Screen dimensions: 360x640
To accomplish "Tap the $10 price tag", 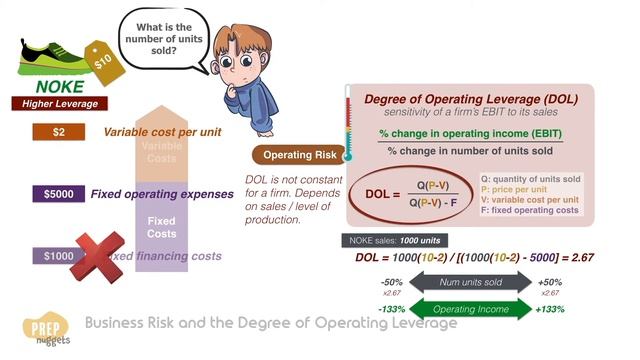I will [102, 60].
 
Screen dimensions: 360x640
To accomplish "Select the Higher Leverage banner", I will [56, 103].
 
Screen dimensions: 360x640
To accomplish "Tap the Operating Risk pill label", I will [297, 155].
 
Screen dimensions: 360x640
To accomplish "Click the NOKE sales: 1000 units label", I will [397, 241].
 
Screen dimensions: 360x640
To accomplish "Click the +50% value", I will [549, 282].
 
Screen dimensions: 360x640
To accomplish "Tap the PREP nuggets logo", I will [43, 330].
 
